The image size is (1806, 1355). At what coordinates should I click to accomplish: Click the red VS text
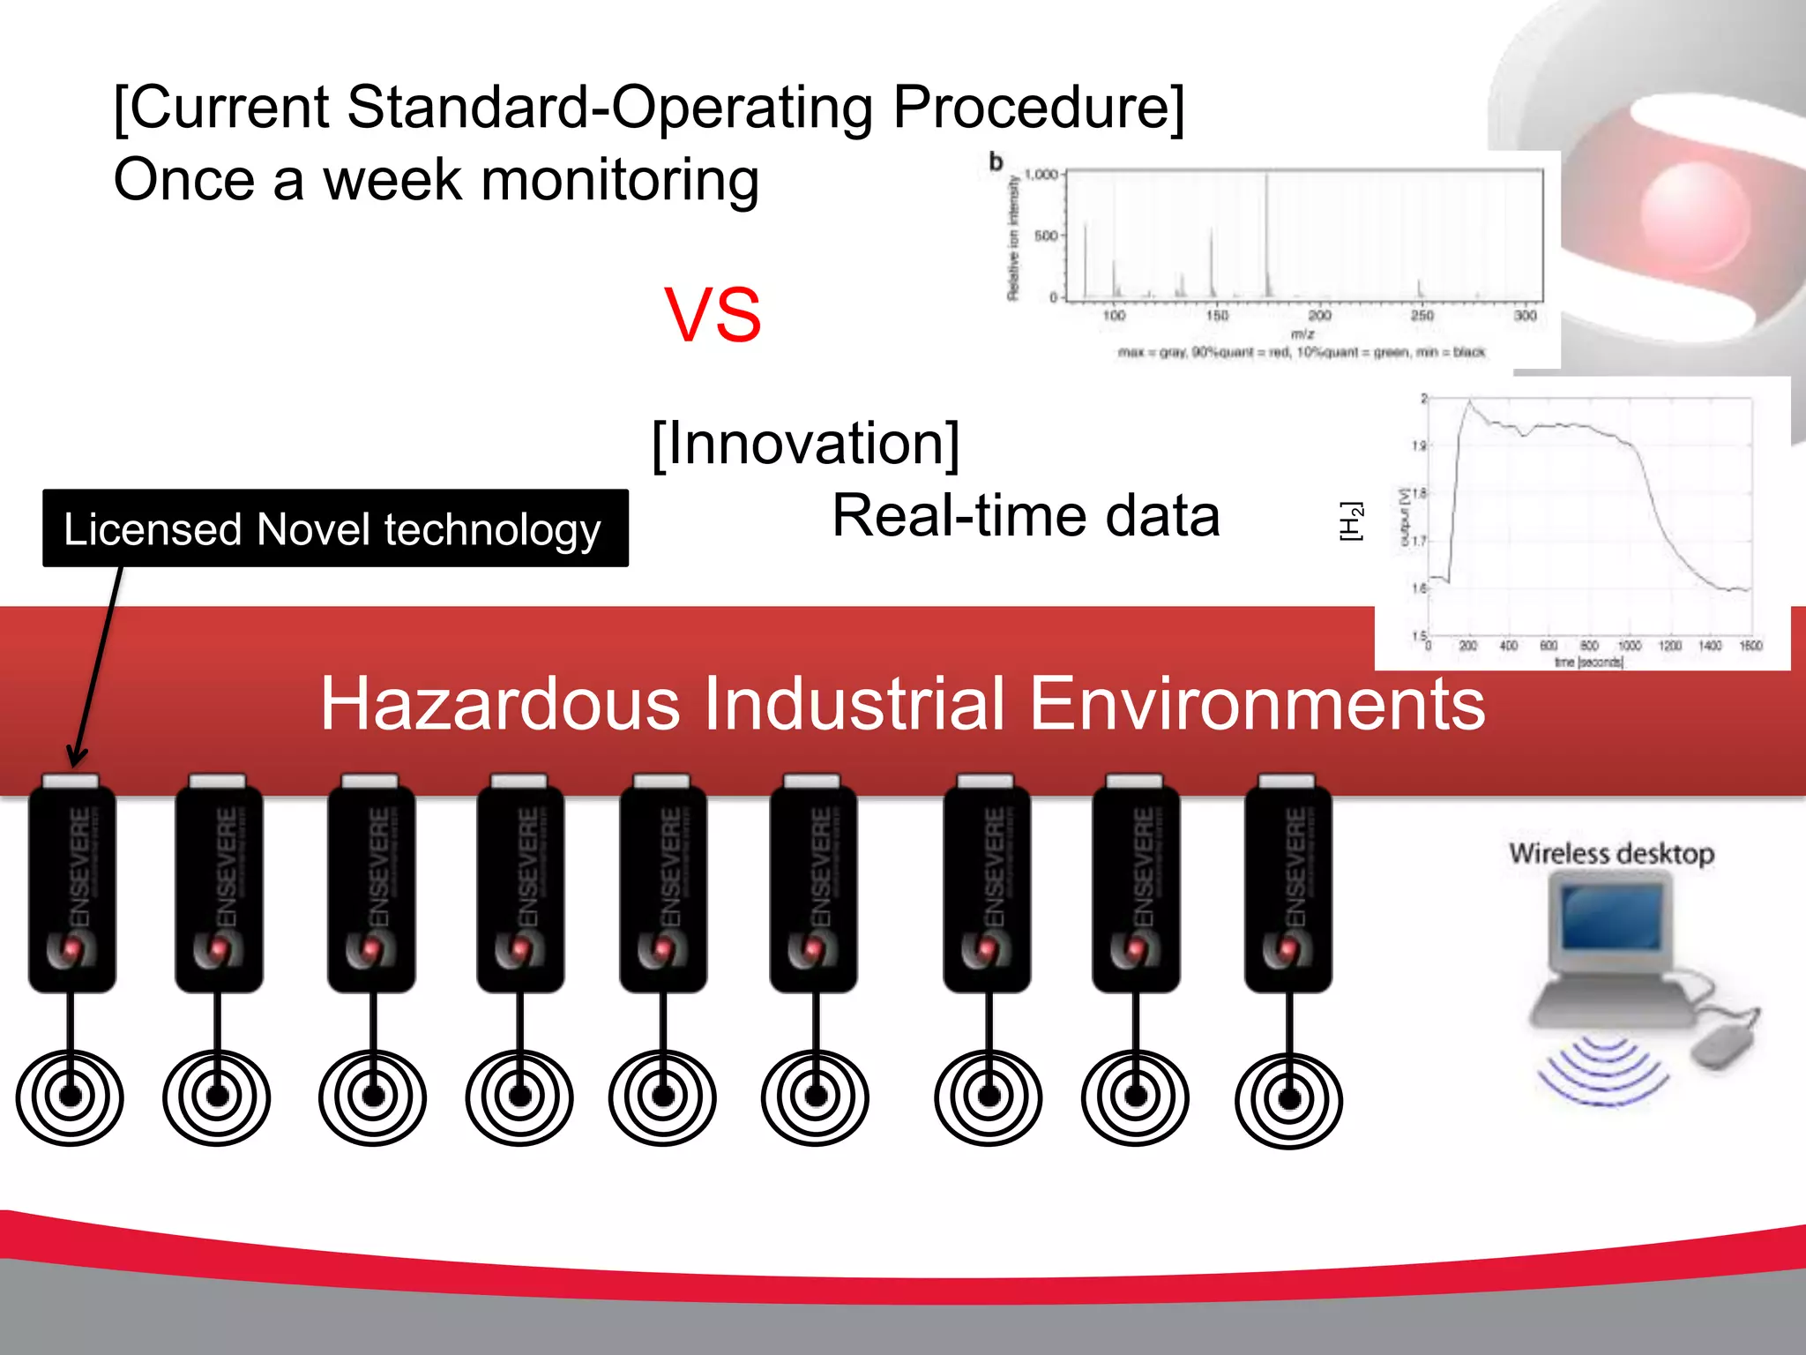713,316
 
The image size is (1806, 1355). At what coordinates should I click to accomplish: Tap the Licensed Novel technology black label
335,528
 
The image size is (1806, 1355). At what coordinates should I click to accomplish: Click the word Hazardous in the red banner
500,704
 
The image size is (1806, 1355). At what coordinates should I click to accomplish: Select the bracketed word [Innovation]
805,444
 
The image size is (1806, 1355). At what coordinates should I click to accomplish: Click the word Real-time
956,516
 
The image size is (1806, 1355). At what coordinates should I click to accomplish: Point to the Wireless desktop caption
1611,853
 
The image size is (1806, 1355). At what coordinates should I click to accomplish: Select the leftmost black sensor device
72,887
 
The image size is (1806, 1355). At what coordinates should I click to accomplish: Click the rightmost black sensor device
1288,887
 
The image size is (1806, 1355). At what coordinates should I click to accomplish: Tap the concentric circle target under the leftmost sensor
70,1097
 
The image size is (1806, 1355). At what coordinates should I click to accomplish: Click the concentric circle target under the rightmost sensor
1289,1098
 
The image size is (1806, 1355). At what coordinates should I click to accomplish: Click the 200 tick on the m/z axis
1319,315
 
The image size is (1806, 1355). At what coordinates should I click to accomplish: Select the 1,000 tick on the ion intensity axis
1041,175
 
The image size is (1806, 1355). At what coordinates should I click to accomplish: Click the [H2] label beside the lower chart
1350,521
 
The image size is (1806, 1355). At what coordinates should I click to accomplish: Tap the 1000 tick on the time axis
1629,646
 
